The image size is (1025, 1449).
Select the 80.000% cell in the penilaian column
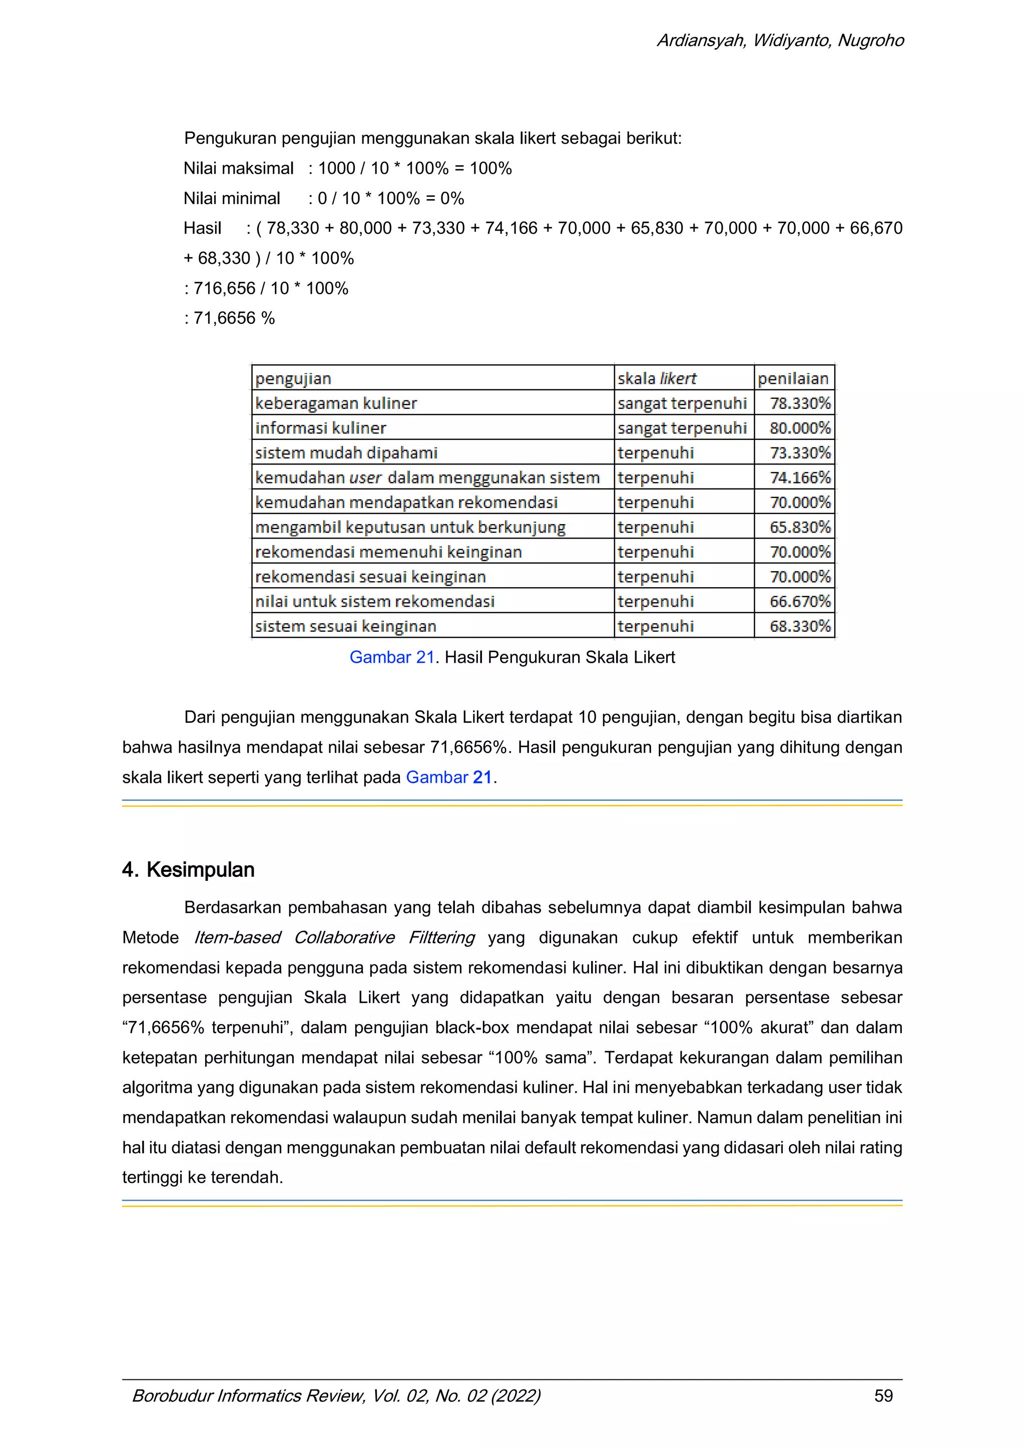(x=799, y=428)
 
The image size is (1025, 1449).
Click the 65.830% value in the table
(x=799, y=527)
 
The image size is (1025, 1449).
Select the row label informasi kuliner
(x=321, y=428)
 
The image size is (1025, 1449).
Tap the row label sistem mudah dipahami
(x=346, y=452)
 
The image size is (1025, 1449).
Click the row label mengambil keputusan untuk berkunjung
(x=410, y=527)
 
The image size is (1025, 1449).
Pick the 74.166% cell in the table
(x=799, y=477)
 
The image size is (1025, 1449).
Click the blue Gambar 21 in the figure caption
(x=391, y=657)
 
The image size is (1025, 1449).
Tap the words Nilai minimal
(x=232, y=198)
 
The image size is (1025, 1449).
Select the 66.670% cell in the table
(x=799, y=602)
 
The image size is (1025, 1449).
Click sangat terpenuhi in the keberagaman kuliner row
(x=682, y=403)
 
